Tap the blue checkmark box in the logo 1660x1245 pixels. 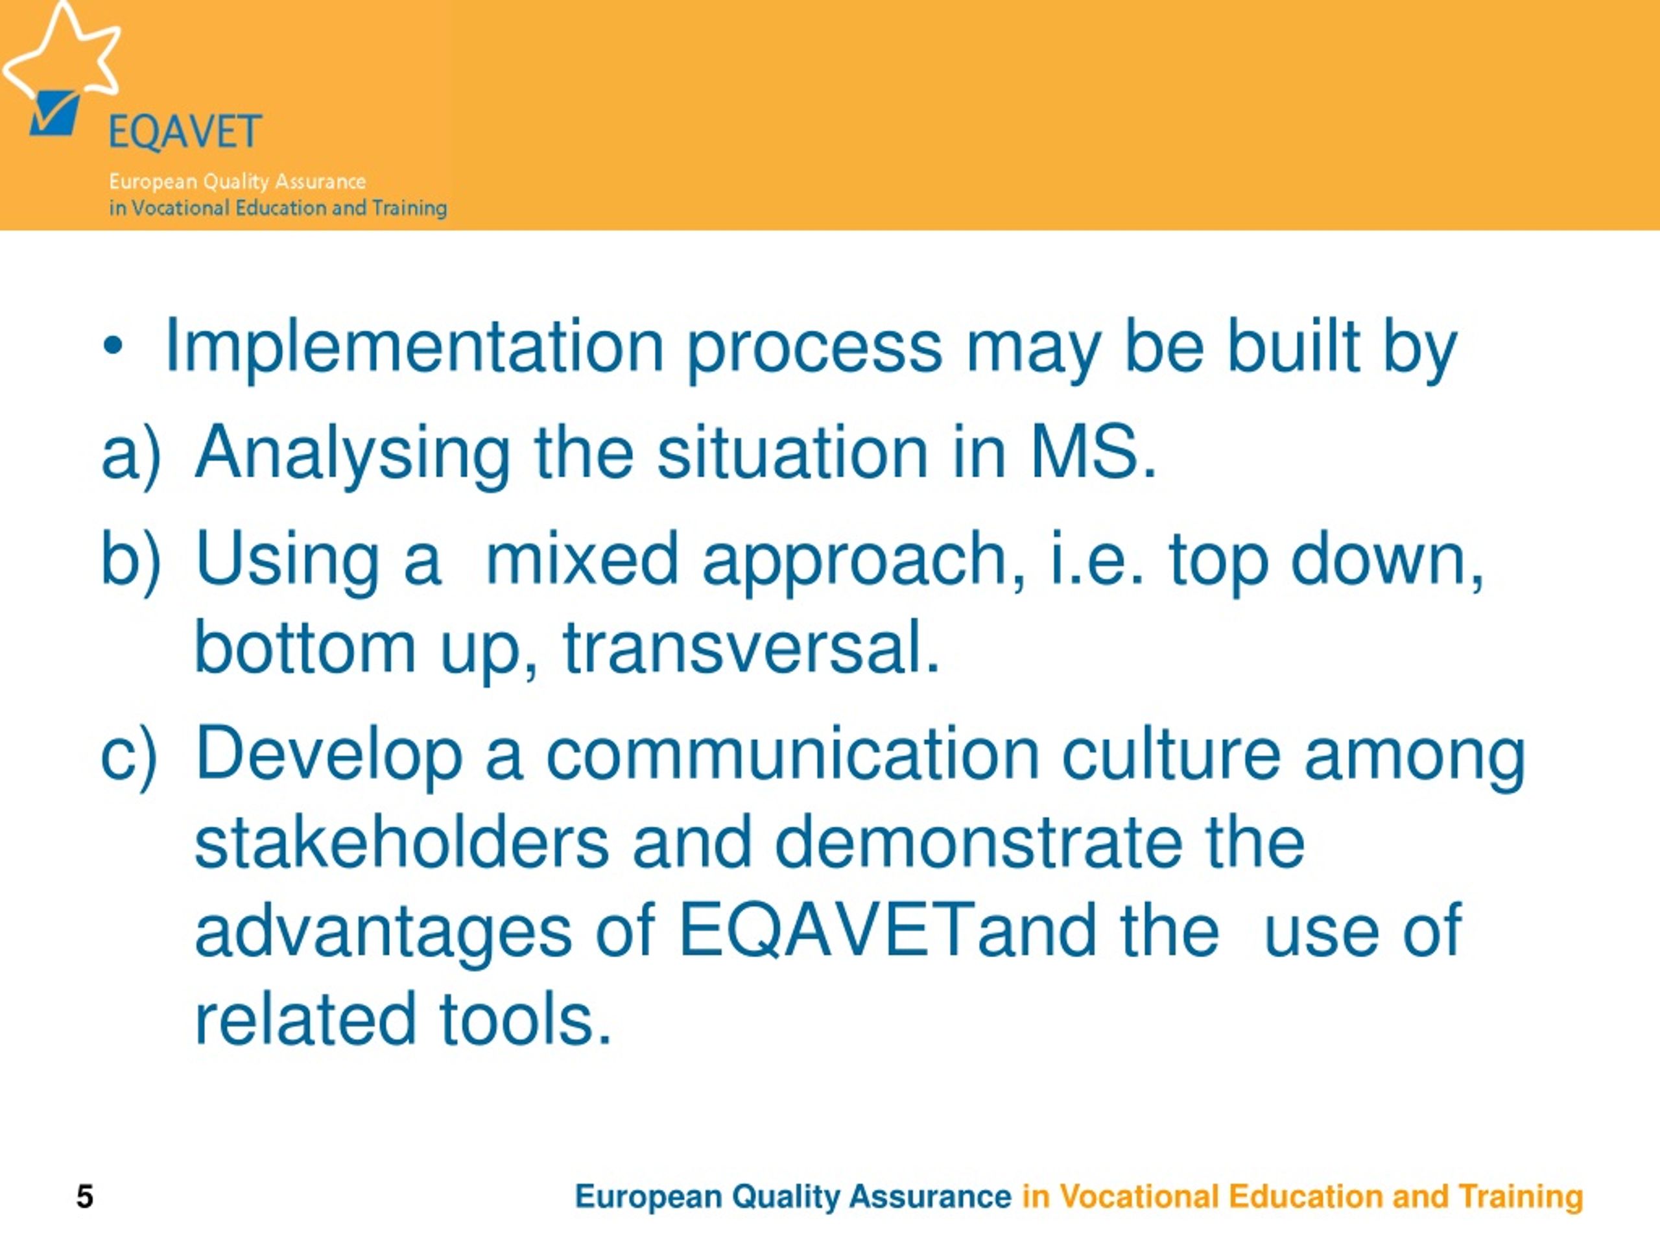54,113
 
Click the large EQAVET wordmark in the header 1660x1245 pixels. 185,132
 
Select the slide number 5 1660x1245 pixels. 85,1196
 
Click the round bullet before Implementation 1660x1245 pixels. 113,348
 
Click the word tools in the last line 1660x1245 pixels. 525,1019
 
